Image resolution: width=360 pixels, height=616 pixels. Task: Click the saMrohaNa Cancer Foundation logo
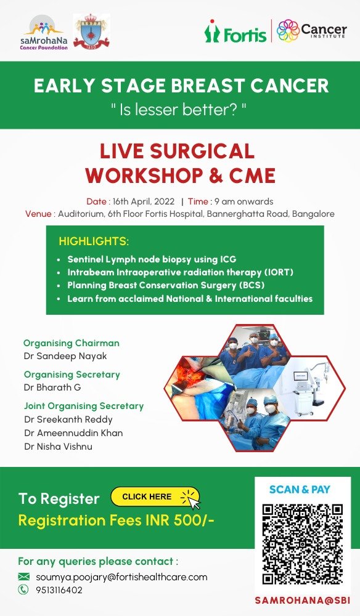pyautogui.click(x=44, y=33)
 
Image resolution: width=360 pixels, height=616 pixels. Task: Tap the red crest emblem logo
pyautogui.click(x=92, y=31)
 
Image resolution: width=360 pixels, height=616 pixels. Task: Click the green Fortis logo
pyautogui.click(x=235, y=31)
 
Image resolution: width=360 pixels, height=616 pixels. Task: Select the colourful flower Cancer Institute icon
pyautogui.click(x=288, y=31)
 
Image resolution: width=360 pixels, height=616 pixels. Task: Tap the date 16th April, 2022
pyautogui.click(x=144, y=201)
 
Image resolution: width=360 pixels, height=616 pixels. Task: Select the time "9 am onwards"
pyautogui.click(x=243, y=201)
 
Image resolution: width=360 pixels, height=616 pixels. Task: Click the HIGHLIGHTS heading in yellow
pyautogui.click(x=94, y=241)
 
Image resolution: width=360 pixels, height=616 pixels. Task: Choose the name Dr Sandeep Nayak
pyautogui.click(x=65, y=356)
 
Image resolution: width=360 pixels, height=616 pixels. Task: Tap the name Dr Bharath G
pyautogui.click(x=52, y=387)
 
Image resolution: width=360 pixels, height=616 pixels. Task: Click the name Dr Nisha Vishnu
pyautogui.click(x=58, y=446)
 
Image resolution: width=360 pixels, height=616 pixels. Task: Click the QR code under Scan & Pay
pyautogui.click(x=303, y=545)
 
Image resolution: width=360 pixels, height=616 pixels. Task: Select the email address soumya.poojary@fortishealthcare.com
pyautogui.click(x=121, y=577)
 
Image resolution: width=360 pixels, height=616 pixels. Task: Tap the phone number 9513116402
pyautogui.click(x=59, y=590)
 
